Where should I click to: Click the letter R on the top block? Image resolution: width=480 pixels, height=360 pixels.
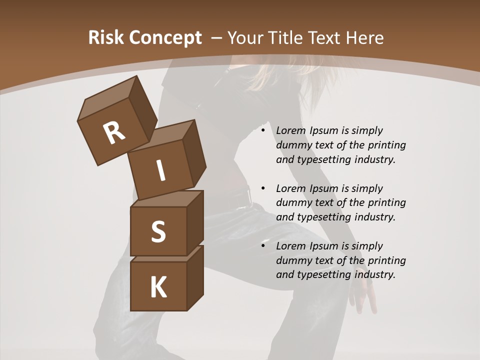pyautogui.click(x=114, y=132)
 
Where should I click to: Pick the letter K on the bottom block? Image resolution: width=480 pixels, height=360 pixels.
pyautogui.click(x=158, y=287)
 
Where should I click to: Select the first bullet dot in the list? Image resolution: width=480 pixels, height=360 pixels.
pyautogui.click(x=263, y=130)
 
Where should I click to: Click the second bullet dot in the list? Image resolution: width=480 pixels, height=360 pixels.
pyautogui.click(x=263, y=188)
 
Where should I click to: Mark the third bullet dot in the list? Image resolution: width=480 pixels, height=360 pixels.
pyautogui.click(x=263, y=246)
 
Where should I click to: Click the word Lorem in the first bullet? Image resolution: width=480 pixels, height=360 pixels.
pyautogui.click(x=289, y=130)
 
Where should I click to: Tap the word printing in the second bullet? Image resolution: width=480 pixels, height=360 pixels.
pyautogui.click(x=386, y=202)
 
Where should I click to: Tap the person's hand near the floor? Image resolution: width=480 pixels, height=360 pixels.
pyautogui.click(x=362, y=295)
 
